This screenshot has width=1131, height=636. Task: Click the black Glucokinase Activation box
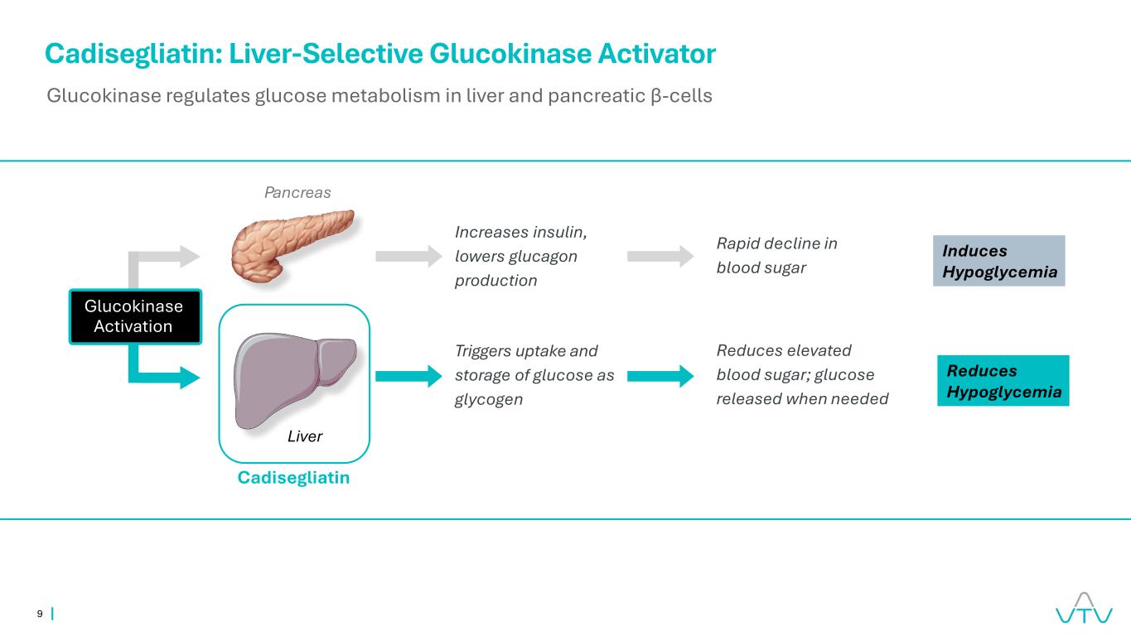point(134,316)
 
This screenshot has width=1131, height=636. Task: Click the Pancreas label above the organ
point(297,193)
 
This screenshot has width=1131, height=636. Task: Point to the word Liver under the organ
point(305,436)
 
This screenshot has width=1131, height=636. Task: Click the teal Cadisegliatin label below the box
point(293,478)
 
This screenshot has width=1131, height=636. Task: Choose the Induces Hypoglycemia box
point(998,261)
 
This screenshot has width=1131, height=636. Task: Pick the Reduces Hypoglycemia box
point(1003,381)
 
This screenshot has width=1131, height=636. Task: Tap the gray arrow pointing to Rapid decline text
point(659,256)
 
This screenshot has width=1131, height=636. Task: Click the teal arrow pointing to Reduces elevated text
point(659,377)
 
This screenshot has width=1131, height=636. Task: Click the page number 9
point(40,614)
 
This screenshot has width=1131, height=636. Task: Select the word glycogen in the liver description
point(488,399)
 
